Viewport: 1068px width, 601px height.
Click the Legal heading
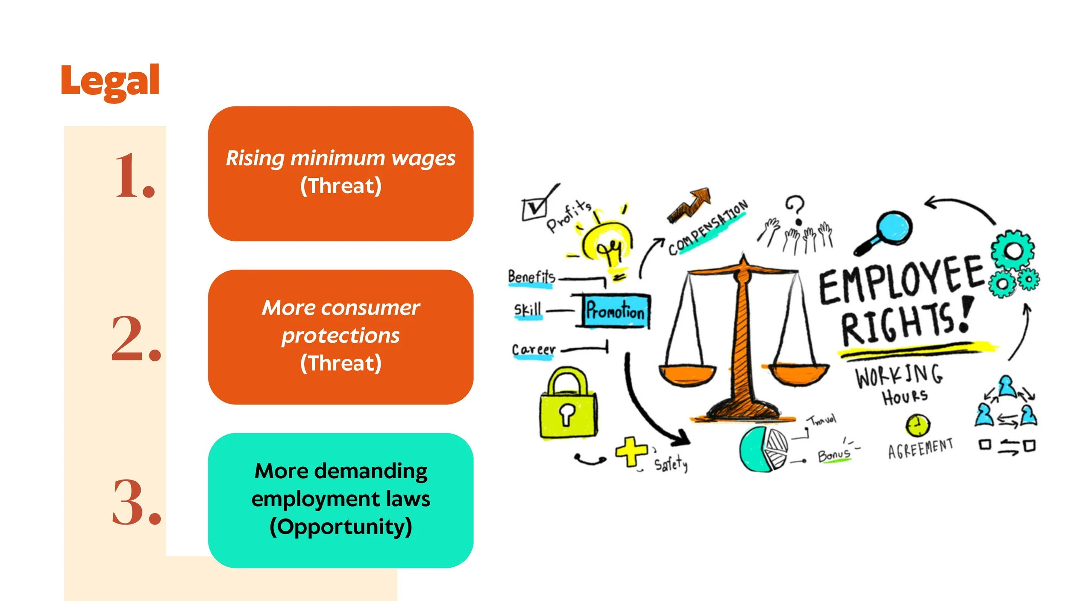(x=110, y=81)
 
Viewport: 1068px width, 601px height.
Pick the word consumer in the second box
(x=370, y=308)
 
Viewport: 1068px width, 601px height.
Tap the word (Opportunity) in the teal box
(x=340, y=527)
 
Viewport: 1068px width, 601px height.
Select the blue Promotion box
(x=615, y=311)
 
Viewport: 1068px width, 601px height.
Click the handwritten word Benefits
(x=531, y=277)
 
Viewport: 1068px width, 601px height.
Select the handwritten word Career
(x=534, y=350)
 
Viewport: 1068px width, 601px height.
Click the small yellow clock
(x=917, y=426)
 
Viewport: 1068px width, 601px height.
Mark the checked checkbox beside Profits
(x=534, y=209)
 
